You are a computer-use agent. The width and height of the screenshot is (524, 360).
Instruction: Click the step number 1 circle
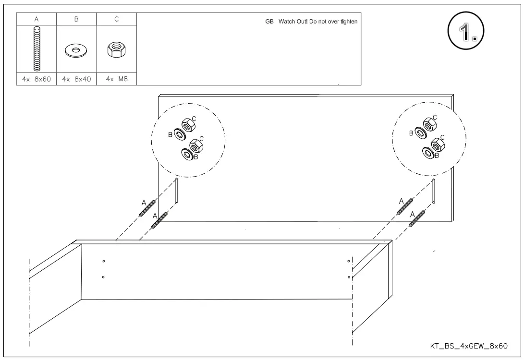pos(465,32)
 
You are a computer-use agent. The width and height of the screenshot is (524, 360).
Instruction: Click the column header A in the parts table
pos(37,19)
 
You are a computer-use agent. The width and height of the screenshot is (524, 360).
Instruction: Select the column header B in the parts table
pos(76,19)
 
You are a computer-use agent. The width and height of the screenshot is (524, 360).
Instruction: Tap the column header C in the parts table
pos(116,19)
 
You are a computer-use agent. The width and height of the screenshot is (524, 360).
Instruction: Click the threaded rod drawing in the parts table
pos(37,49)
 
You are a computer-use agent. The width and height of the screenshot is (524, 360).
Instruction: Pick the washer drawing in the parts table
pos(76,51)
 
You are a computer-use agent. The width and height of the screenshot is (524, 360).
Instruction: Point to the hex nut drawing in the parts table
pos(116,49)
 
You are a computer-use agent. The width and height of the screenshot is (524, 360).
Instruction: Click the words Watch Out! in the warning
pos(293,22)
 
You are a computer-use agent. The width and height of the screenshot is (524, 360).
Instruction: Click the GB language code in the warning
pos(269,22)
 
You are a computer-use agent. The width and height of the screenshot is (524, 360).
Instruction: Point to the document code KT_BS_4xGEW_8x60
pos(469,346)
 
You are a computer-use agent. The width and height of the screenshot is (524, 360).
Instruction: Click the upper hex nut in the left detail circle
pos(188,124)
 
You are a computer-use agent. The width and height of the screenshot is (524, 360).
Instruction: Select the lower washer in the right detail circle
pos(427,153)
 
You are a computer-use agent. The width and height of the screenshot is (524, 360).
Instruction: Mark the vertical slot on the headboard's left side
pos(176,191)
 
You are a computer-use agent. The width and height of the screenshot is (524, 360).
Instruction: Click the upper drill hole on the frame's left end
pos(103,261)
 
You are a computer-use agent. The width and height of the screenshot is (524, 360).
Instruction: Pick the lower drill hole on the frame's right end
pos(349,277)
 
